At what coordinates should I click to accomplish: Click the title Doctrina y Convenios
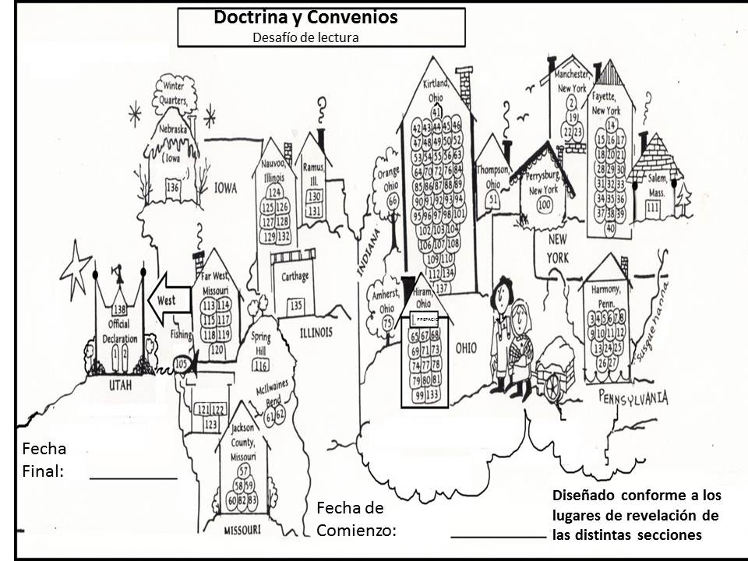point(305,19)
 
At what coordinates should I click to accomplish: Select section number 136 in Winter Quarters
point(172,188)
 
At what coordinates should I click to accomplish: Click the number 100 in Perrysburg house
point(545,204)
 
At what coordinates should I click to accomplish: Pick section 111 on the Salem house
point(653,206)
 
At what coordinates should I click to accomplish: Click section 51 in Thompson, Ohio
point(493,199)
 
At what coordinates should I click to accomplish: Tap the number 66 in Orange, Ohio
point(393,200)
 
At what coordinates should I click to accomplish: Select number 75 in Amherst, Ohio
point(387,322)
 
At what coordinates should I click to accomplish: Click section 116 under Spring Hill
point(261,365)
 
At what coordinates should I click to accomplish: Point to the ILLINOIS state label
point(316,333)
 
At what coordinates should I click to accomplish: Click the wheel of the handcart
point(555,387)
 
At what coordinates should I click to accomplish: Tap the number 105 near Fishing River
point(182,363)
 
